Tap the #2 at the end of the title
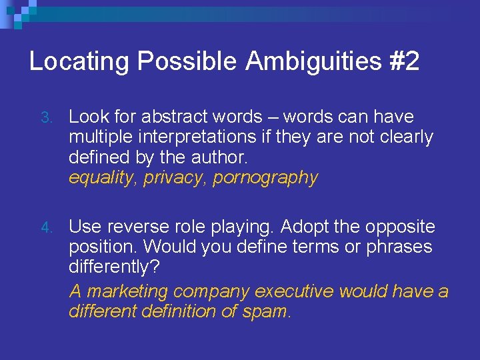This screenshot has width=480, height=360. pyautogui.click(x=403, y=62)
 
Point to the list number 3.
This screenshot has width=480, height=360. pyautogui.click(x=45, y=118)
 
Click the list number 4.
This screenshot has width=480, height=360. pyautogui.click(x=45, y=228)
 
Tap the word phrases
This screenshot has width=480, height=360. pyautogui.click(x=398, y=247)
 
